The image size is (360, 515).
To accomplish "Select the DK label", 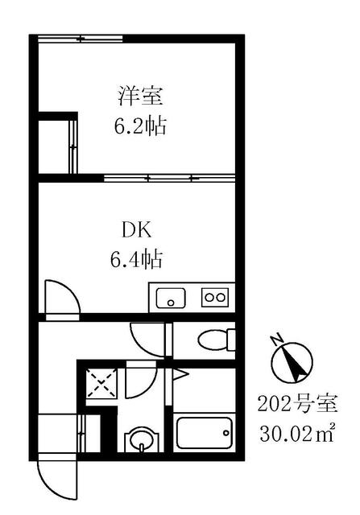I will coord(136,232).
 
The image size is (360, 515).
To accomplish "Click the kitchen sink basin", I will coord(170,298).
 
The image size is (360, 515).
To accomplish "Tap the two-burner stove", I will coord(214,298).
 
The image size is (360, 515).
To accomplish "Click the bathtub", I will coord(205,436).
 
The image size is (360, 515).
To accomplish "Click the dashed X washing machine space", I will coord(103,385).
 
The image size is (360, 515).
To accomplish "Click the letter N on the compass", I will coord(276,339).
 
